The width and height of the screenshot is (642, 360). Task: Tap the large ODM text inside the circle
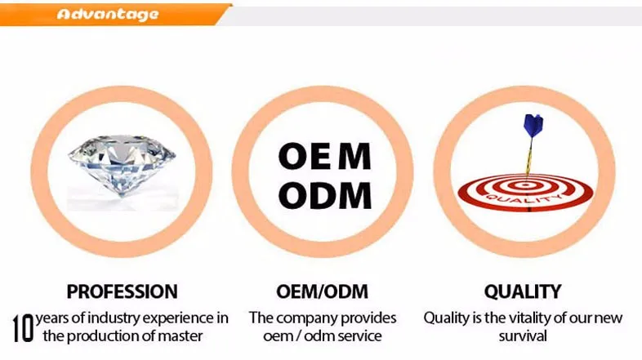point(324,195)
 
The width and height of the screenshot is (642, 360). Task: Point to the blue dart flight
point(533,125)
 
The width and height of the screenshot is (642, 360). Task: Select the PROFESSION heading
point(122,291)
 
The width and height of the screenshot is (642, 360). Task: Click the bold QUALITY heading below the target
point(523,291)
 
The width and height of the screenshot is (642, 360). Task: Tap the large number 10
point(22,326)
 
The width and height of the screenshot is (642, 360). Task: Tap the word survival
point(523,335)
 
